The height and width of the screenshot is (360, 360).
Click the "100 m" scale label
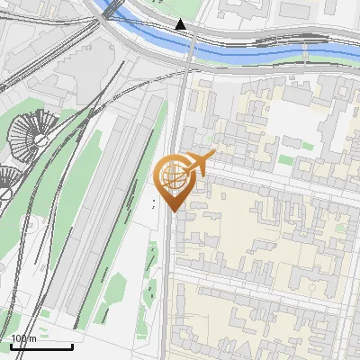point(24,337)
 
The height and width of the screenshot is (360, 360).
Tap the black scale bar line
point(40,346)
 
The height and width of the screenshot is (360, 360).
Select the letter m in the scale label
point(33,337)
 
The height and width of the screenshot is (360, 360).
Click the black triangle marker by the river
point(181,24)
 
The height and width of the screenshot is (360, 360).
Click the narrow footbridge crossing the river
point(306,56)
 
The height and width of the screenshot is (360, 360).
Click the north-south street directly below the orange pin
point(168,270)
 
